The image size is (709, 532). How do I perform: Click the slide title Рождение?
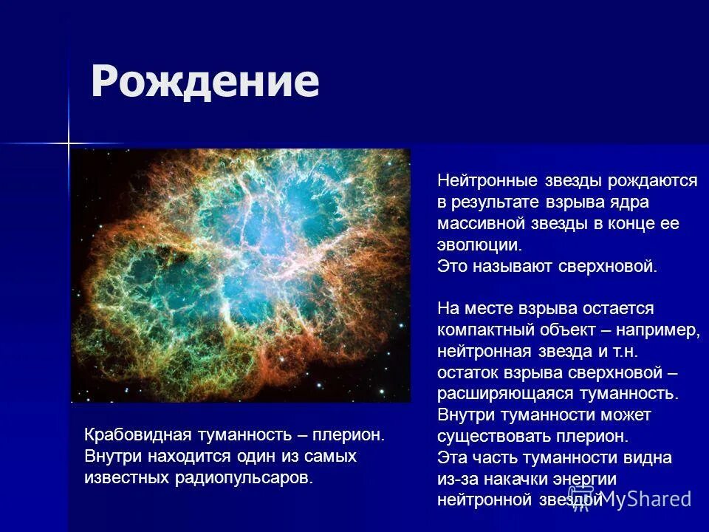205,81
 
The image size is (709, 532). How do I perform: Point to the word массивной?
479,223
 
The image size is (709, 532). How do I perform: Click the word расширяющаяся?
506,393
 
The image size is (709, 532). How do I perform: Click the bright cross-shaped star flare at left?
68,143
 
